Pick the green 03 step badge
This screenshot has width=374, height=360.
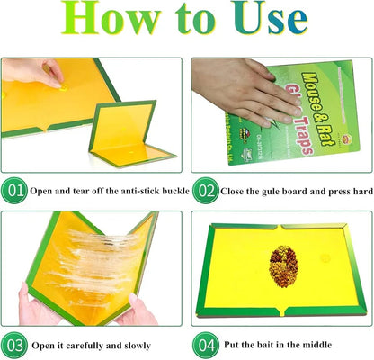(14, 344)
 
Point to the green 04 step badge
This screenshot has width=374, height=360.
(205, 344)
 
